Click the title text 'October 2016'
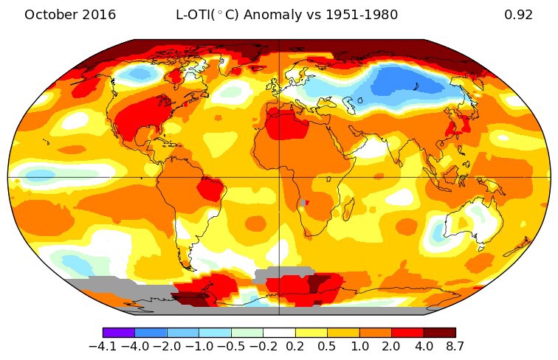(70, 15)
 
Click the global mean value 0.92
(518, 15)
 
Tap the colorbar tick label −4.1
(103, 347)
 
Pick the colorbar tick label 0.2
(295, 347)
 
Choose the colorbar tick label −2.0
(167, 347)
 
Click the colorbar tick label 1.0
(359, 347)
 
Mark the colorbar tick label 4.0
(424, 347)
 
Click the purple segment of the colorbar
(118, 333)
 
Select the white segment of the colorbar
(279, 333)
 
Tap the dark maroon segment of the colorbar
(439, 333)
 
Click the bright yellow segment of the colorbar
(311, 333)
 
